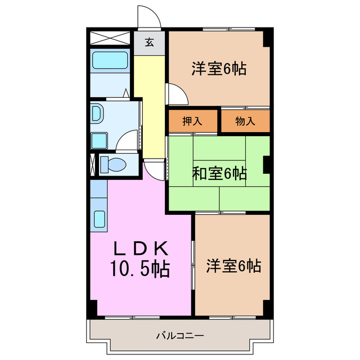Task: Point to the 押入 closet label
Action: pyautogui.click(x=192, y=121)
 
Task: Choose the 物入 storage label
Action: pyautogui.click(x=245, y=121)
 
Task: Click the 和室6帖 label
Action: pyautogui.click(x=219, y=174)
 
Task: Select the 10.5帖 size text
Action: pyautogui.click(x=142, y=270)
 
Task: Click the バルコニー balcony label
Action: pyautogui.click(x=180, y=336)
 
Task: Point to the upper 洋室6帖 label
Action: pyautogui.click(x=219, y=69)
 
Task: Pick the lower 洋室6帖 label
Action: pyautogui.click(x=233, y=265)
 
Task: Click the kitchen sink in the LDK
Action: pyautogui.click(x=99, y=219)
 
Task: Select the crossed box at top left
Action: pyautogui.click(x=110, y=40)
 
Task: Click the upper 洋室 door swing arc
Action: pyautogui.click(x=173, y=93)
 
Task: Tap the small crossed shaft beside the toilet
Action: pyautogui.click(x=93, y=164)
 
